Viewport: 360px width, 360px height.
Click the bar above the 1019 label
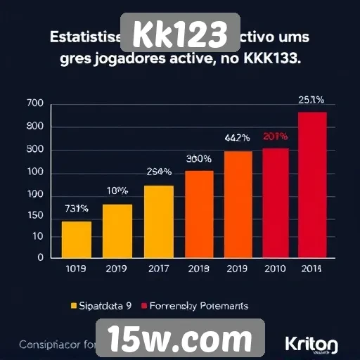77,240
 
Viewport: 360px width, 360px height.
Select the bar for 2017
158,221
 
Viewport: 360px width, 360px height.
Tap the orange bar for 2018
199,214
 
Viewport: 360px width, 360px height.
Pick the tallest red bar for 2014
312,185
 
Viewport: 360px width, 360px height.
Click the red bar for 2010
276,202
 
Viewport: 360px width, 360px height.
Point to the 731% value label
76,209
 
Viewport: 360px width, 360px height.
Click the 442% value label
238,138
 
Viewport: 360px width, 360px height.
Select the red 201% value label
276,136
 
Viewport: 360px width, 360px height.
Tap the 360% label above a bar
199,158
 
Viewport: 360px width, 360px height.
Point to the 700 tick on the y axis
34,104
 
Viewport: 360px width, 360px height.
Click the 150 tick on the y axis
34,217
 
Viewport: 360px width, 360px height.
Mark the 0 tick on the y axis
40,258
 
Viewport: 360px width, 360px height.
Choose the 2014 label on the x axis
312,268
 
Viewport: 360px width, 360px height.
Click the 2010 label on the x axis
275,268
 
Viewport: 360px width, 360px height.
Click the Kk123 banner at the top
181,33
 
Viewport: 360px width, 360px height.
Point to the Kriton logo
311,345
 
